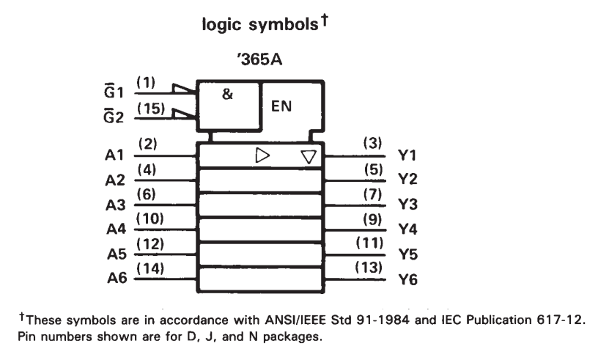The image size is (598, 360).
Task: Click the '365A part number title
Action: [259, 59]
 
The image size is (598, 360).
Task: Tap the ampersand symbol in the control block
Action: [227, 94]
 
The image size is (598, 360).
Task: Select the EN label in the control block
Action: [281, 106]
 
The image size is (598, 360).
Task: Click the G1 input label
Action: [114, 92]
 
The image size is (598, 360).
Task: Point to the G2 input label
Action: [114, 117]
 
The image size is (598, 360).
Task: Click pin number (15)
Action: [151, 109]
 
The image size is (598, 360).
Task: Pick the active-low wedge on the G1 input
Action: [184, 88]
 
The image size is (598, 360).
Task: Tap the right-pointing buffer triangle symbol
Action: [262, 155]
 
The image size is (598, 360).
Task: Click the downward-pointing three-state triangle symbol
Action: [309, 157]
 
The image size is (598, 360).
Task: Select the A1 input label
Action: [114, 155]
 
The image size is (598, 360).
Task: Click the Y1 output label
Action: [407, 155]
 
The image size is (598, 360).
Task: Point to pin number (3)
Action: [372, 143]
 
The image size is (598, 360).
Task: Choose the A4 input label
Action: [116, 229]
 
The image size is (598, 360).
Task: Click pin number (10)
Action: [150, 218]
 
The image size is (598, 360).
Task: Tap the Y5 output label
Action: [408, 254]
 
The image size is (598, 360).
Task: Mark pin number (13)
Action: [369, 267]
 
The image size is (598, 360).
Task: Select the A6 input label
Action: [117, 279]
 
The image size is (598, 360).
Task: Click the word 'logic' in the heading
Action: [221, 25]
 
